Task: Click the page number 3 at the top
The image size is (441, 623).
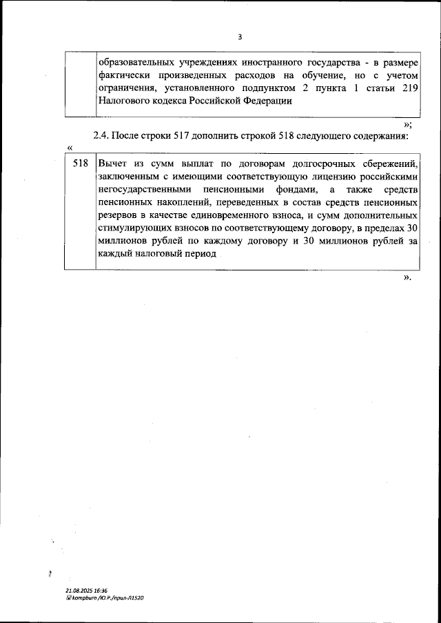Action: (239, 37)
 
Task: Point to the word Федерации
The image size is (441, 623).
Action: (267, 101)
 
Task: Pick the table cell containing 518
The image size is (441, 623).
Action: (80, 164)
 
